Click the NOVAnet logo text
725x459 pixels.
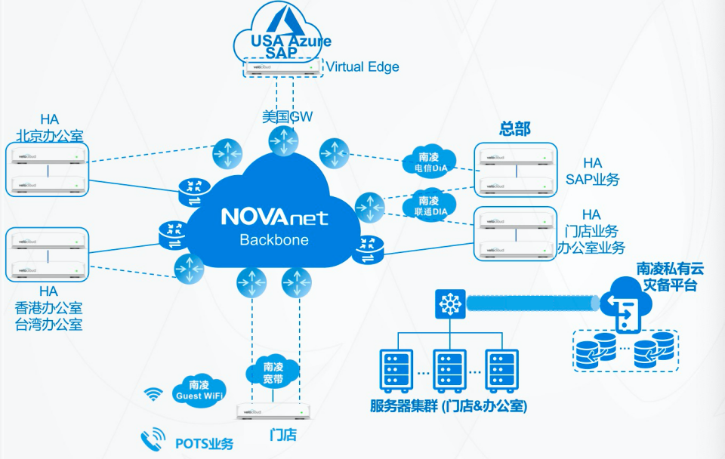[x=274, y=217]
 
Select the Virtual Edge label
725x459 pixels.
[x=362, y=67]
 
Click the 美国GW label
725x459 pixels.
[x=287, y=117]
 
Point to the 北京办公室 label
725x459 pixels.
[x=49, y=135]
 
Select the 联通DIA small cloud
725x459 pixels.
[x=428, y=205]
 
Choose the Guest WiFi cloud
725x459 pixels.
[x=199, y=389]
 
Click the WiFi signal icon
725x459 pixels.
[x=154, y=394]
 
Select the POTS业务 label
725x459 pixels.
[x=204, y=443]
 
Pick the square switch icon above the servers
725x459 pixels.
[x=449, y=304]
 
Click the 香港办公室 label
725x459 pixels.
[x=49, y=308]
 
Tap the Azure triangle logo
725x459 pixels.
[x=287, y=19]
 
